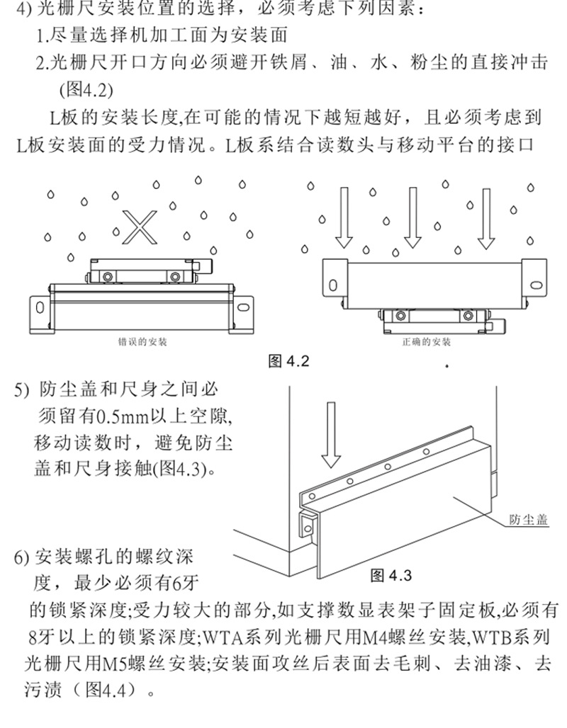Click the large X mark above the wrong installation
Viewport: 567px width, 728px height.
[x=139, y=224]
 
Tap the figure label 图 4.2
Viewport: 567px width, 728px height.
[x=290, y=362]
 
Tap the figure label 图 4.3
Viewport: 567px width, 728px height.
[x=391, y=574]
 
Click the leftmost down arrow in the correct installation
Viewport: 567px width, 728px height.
[x=344, y=217]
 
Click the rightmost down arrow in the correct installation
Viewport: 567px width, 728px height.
[x=485, y=217]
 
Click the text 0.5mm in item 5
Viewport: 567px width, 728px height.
[x=118, y=414]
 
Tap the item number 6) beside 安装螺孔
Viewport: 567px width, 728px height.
[x=22, y=557]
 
